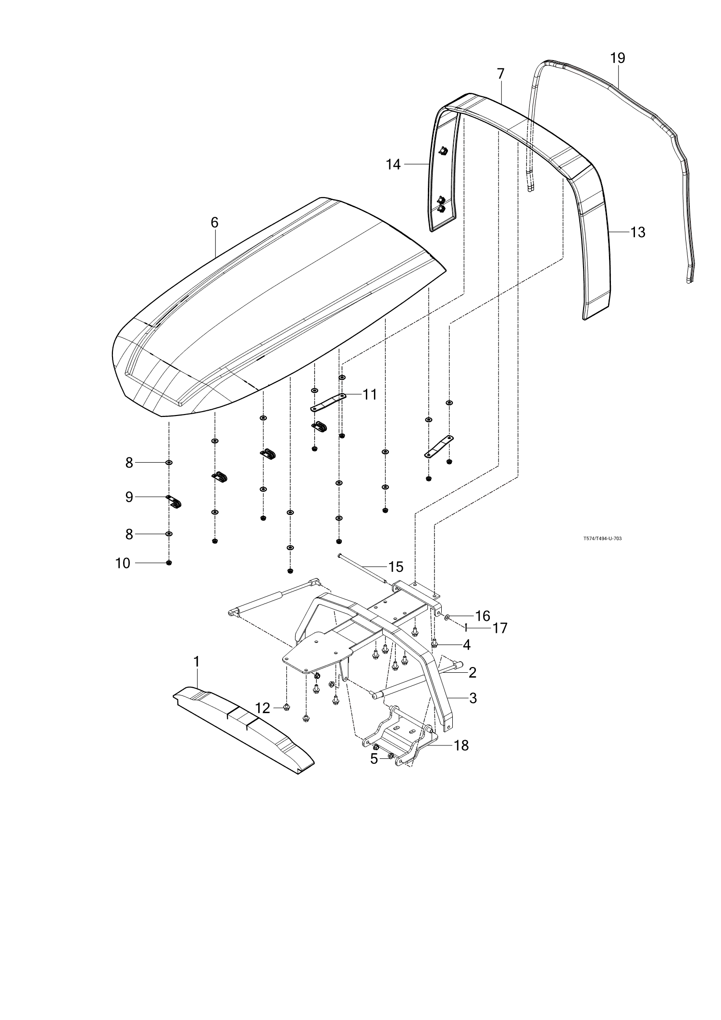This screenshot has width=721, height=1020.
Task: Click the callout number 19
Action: tap(618, 58)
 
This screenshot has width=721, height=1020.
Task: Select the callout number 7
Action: tap(501, 74)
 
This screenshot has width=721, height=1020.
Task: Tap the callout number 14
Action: tap(393, 164)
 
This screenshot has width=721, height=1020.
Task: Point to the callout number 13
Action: tap(638, 232)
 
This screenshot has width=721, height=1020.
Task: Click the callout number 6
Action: tap(214, 223)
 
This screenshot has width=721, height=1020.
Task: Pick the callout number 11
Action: tap(369, 394)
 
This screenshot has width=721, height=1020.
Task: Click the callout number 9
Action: tap(129, 497)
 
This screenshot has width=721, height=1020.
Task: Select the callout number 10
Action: tap(123, 563)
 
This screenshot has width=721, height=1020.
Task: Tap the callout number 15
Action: tap(396, 567)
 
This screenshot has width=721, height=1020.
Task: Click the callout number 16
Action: tap(482, 616)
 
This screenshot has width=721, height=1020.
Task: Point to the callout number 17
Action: tap(500, 628)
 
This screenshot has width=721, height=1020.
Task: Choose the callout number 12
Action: tap(263, 708)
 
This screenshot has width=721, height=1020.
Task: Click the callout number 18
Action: tap(461, 745)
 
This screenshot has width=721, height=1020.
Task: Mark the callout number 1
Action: tap(196, 662)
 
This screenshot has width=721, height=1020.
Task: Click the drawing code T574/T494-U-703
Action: tap(602, 539)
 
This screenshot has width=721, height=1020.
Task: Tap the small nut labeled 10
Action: tap(169, 563)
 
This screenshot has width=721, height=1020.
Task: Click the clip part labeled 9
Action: tap(174, 501)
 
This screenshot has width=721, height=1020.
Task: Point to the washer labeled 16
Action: tap(448, 616)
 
